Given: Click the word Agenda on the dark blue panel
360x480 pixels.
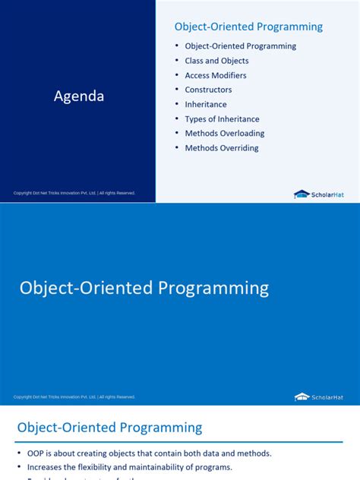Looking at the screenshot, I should click(79, 96).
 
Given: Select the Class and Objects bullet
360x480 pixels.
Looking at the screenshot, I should click(216, 61).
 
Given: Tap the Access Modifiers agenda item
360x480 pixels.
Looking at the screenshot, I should click(216, 75).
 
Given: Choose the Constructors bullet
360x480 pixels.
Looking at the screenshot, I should click(208, 90).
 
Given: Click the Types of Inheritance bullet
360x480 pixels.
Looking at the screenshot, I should click(222, 119).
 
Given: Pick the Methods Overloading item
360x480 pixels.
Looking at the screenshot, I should click(224, 134).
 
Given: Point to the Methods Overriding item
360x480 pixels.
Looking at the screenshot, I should click(221, 148).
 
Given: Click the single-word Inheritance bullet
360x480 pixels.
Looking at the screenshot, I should click(205, 105).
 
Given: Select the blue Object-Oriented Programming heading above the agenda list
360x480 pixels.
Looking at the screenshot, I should click(248, 27).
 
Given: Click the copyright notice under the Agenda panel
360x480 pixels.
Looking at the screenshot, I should click(74, 194).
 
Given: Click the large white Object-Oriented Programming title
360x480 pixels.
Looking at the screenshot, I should click(144, 289).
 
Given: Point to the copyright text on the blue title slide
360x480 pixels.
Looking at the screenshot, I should click(74, 396).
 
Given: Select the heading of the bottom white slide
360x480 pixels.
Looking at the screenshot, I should click(109, 428).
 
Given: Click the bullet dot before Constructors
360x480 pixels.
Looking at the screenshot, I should click(177, 90).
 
